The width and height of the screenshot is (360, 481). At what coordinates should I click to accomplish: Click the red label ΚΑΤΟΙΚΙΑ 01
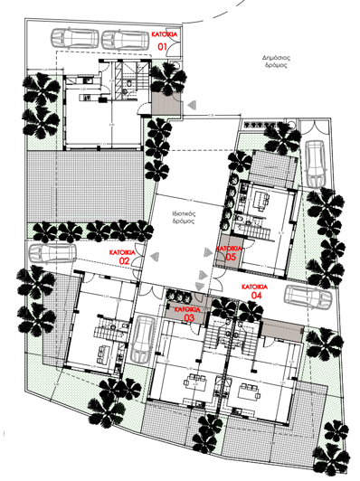pos(164,38)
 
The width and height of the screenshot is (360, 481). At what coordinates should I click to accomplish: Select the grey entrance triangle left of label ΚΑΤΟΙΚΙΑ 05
pos(208,249)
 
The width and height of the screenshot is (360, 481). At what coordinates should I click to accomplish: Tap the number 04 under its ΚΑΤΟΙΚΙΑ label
pos(256,296)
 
